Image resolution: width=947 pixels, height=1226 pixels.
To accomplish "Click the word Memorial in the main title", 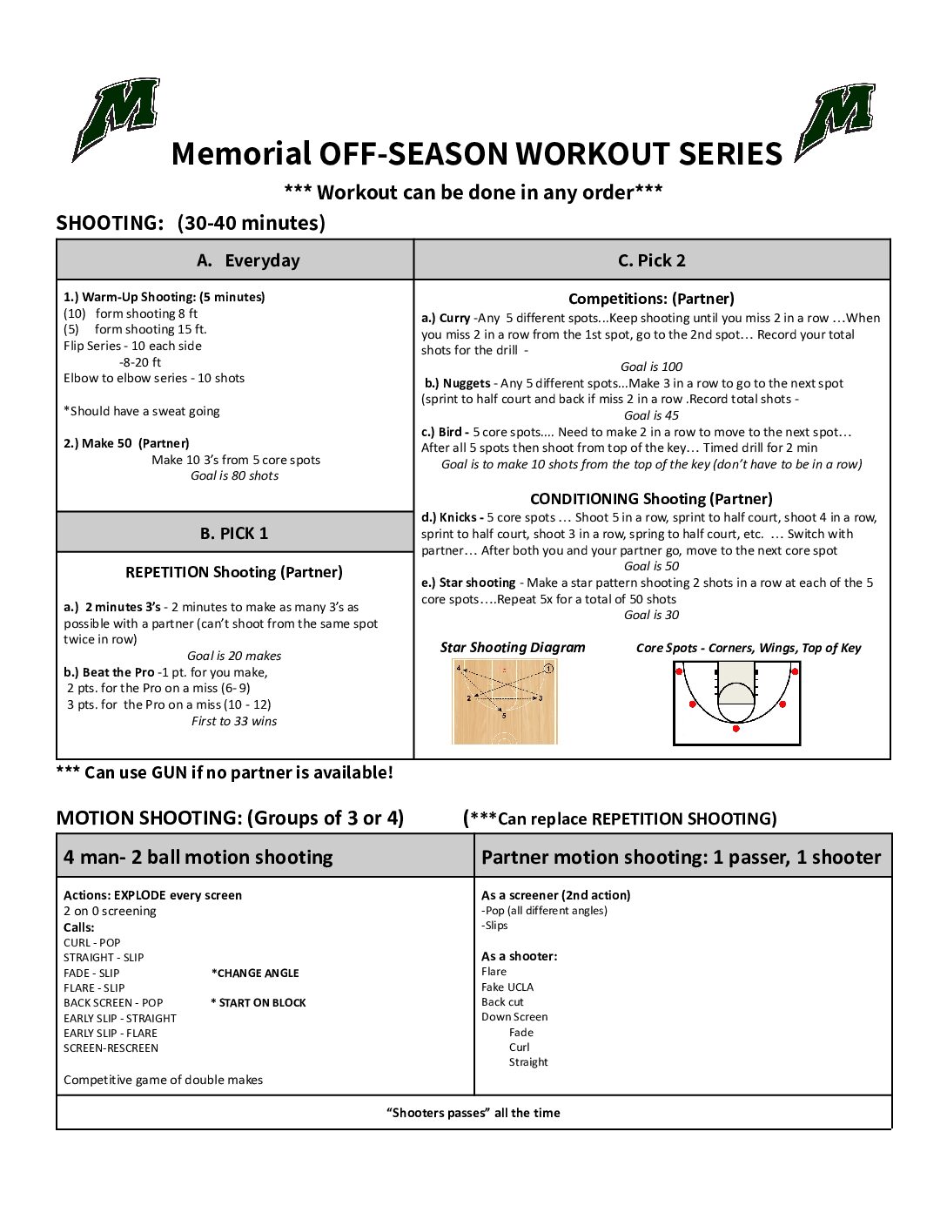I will point(240,154).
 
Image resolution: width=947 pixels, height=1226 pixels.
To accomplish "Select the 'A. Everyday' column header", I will point(235,260).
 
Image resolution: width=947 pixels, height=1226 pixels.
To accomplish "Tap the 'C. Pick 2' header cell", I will point(651,260).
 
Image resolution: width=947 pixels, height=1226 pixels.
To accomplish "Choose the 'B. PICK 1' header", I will point(234,533).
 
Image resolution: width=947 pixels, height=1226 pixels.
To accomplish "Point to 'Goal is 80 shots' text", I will point(234,475).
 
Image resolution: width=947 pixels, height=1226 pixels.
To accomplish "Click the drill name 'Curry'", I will point(454,318).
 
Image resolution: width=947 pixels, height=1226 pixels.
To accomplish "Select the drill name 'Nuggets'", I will point(466,383).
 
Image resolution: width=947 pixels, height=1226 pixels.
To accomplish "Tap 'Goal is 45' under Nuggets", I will point(651,415).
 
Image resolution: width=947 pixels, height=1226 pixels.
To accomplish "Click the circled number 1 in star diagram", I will point(548,669).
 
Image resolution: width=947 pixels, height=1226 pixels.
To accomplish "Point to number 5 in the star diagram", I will point(503,715).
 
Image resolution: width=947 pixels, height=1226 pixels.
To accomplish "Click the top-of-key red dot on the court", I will point(736,729).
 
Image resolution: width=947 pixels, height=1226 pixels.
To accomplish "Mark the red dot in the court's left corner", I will point(679,670).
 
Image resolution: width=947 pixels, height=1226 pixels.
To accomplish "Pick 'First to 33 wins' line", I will point(234,721).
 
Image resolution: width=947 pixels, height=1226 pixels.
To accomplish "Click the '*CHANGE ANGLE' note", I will point(255,973).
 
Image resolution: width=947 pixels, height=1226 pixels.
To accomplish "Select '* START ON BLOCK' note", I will point(259,1002).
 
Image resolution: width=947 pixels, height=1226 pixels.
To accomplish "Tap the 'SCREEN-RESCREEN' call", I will point(111,1047).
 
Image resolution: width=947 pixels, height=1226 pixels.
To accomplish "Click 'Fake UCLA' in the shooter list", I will point(507,987).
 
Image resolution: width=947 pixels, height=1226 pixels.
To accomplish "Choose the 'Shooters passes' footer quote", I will point(473,1113).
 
